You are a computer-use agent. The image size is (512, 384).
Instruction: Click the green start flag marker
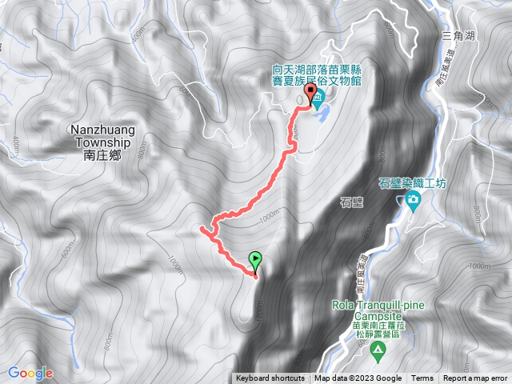[x=255, y=259]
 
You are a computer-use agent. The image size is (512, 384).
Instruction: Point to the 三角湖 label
[x=458, y=37]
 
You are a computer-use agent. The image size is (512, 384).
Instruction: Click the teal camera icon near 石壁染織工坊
[x=413, y=201]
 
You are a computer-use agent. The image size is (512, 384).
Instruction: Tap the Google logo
[x=30, y=372]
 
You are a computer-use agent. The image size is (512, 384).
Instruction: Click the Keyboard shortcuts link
[x=270, y=378]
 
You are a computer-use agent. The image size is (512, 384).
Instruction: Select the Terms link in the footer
[x=422, y=378]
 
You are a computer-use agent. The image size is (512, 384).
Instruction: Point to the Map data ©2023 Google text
[x=358, y=378]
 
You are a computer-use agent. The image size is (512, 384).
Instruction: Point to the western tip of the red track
[x=200, y=230]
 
